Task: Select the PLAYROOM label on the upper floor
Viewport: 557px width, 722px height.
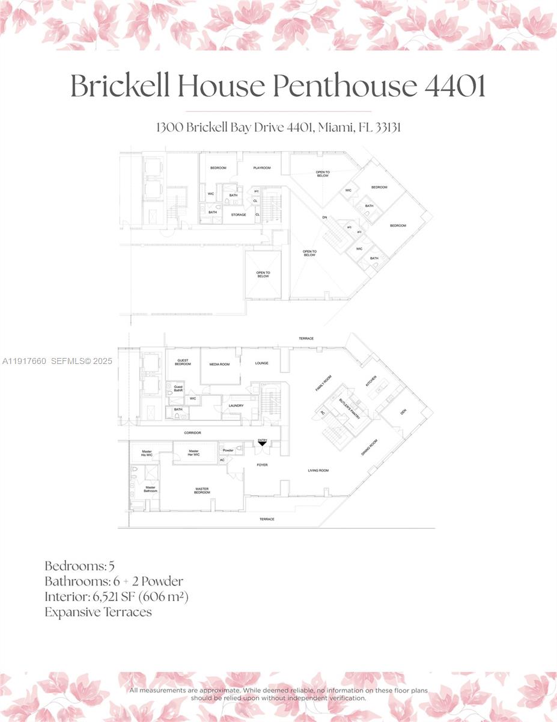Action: tap(262, 168)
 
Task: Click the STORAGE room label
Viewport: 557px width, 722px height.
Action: tap(239, 214)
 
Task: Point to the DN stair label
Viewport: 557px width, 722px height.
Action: tap(325, 217)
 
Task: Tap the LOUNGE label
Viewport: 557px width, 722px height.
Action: tap(261, 363)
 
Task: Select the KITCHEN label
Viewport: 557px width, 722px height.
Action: tap(371, 382)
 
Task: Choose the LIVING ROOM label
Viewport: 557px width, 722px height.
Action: tap(318, 471)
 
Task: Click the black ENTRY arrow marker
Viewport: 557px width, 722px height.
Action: tap(263, 443)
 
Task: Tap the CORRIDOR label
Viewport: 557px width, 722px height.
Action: tap(192, 433)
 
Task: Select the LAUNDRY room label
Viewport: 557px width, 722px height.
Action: tap(236, 406)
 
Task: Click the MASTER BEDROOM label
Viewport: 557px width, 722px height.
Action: tap(202, 490)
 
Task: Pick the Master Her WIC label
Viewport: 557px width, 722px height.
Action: tap(193, 453)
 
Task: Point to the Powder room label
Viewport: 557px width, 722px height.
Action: tap(228, 449)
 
